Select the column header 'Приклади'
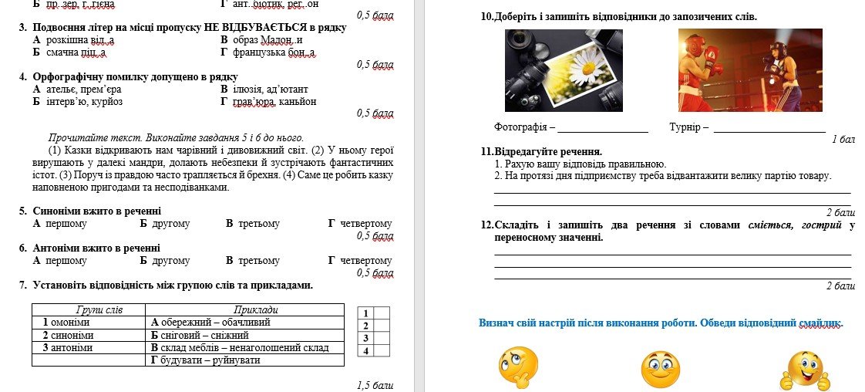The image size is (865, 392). click(x=245, y=309)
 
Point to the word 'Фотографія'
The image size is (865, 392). click(x=521, y=127)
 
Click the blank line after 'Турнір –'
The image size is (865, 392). click(x=769, y=129)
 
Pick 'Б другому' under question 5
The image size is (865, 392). click(x=165, y=223)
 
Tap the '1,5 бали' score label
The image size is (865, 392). click(x=375, y=384)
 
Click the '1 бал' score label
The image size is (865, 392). click(x=843, y=140)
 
